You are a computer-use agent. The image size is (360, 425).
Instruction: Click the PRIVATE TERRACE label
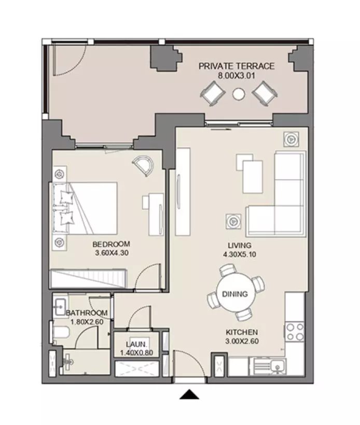[x=237, y=66]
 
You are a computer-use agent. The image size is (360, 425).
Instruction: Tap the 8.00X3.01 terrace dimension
[x=237, y=75]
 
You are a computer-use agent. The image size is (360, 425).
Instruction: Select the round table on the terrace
[x=239, y=94]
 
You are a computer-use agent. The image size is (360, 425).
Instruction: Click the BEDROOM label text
[x=111, y=244]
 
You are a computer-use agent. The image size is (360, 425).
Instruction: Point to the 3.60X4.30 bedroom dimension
[x=112, y=253]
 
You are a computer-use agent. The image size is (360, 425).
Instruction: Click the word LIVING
[x=239, y=245]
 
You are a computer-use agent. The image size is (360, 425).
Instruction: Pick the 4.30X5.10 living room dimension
[x=240, y=254]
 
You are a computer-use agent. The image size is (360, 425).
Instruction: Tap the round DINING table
[x=236, y=293]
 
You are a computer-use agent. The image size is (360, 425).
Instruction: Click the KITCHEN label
[x=242, y=332]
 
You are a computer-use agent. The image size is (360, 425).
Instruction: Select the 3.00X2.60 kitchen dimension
[x=242, y=341]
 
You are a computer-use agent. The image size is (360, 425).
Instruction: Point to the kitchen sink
[x=278, y=366]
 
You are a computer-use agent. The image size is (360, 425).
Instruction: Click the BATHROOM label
[x=87, y=313]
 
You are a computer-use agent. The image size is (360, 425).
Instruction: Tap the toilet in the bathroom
[x=60, y=332]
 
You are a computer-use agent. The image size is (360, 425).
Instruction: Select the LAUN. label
[x=136, y=344]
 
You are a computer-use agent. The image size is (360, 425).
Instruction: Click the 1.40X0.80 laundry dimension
[x=136, y=353]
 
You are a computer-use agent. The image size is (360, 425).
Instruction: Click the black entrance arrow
[x=189, y=394]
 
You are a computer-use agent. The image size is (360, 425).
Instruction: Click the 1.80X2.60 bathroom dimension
[x=87, y=322]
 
